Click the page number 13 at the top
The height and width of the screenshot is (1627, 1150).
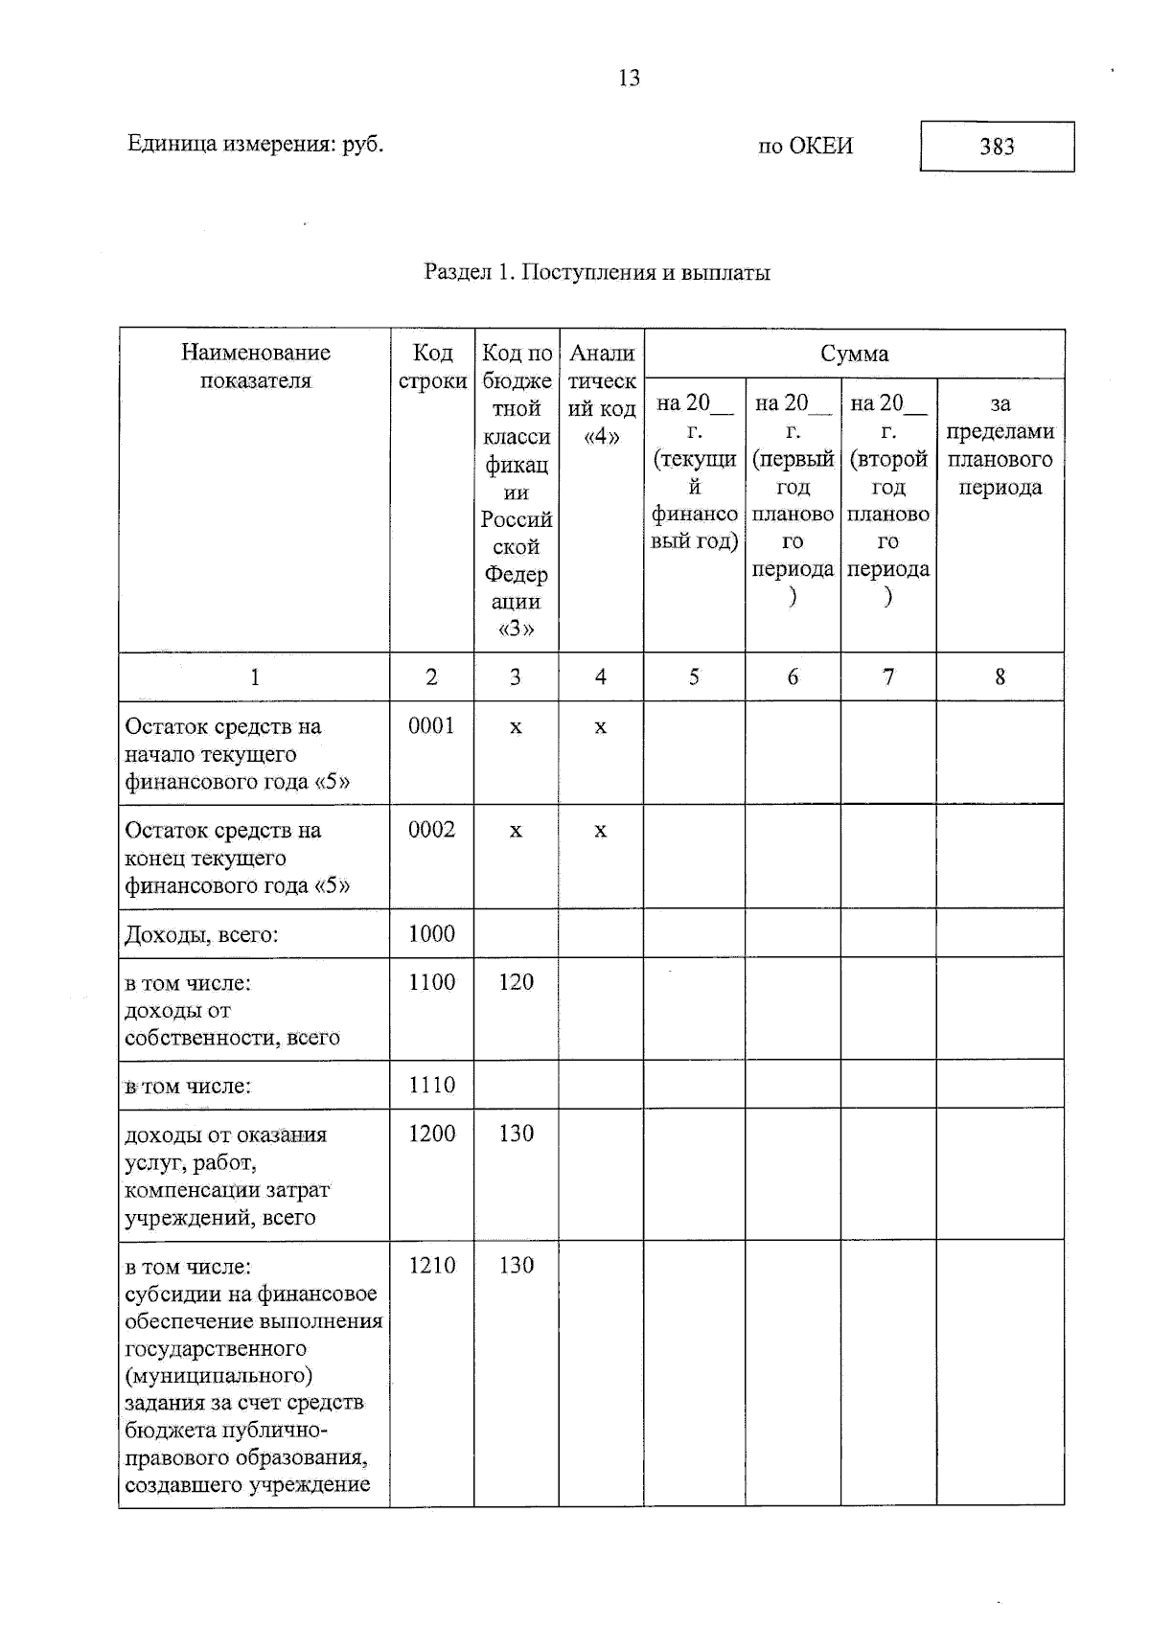pos(629,79)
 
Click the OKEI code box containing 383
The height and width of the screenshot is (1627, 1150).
pos(997,147)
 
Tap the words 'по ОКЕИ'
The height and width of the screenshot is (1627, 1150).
pos(805,147)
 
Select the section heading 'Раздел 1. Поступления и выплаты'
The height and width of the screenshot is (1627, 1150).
pos(597,272)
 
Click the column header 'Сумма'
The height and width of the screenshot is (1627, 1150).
pos(854,354)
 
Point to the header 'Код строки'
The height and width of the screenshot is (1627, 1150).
pos(432,366)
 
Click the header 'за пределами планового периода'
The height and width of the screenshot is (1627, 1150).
pos(1000,445)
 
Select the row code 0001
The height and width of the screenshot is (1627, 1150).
pos(431,726)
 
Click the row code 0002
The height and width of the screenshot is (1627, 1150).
pos(431,830)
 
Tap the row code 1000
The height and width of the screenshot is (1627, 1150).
pos(431,933)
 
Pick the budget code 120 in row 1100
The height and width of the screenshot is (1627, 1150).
pos(516,981)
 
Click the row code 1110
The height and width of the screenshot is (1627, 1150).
pos(431,1085)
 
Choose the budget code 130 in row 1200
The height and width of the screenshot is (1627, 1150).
pos(516,1134)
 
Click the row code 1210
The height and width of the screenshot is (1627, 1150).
pos(431,1265)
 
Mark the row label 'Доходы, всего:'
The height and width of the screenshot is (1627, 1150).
pos(201,934)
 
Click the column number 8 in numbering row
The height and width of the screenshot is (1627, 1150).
pos(1000,677)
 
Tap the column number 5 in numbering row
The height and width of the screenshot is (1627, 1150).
pos(694,677)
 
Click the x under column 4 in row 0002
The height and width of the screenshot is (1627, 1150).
pos(600,831)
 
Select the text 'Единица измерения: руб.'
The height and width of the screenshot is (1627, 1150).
pos(255,145)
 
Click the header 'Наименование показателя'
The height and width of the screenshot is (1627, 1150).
pos(255,366)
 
